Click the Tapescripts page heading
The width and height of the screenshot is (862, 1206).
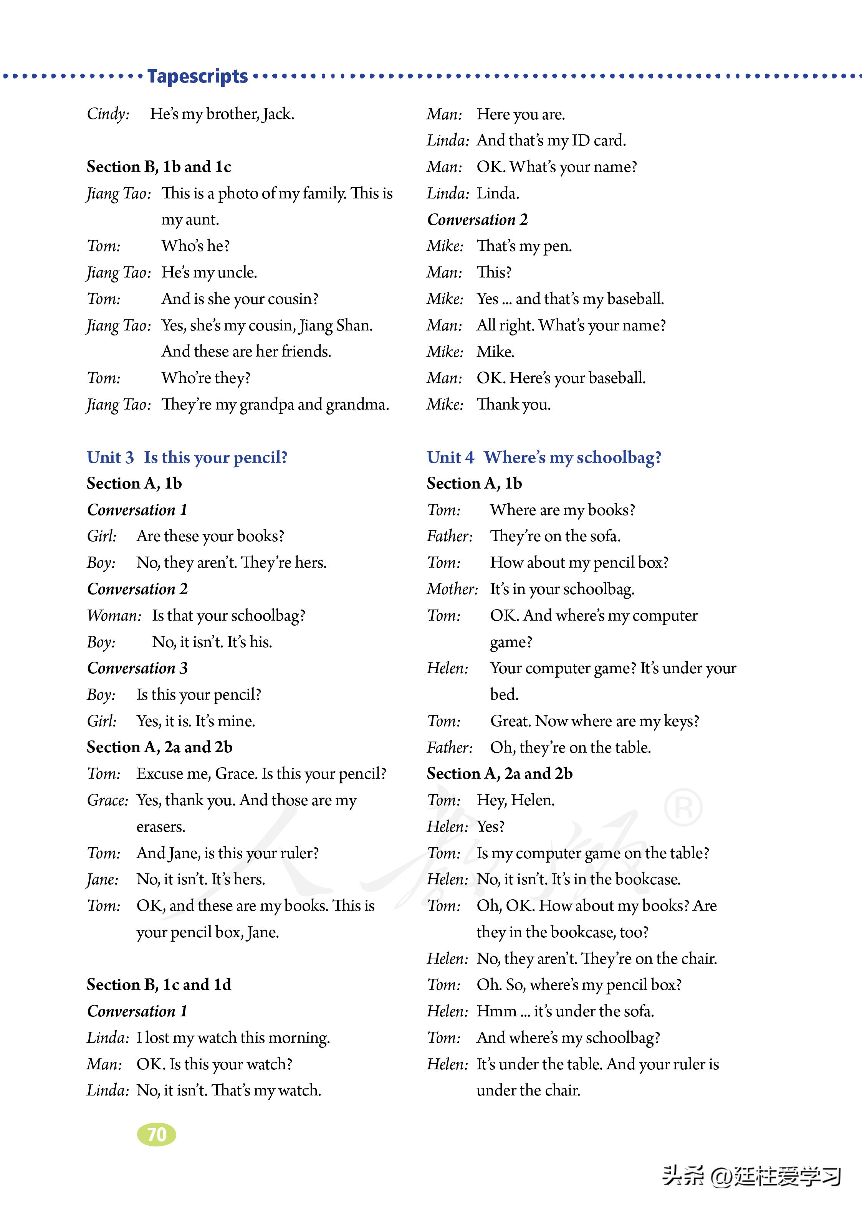tap(197, 76)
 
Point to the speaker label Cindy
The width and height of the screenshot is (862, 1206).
tap(108, 114)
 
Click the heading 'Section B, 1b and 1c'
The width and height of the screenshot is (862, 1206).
tap(159, 167)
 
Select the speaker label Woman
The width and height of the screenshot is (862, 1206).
tap(114, 615)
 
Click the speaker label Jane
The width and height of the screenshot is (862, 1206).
tap(103, 879)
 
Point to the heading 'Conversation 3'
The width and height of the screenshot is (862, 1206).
tap(137, 668)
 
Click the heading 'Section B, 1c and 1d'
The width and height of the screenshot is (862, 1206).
tap(159, 985)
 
